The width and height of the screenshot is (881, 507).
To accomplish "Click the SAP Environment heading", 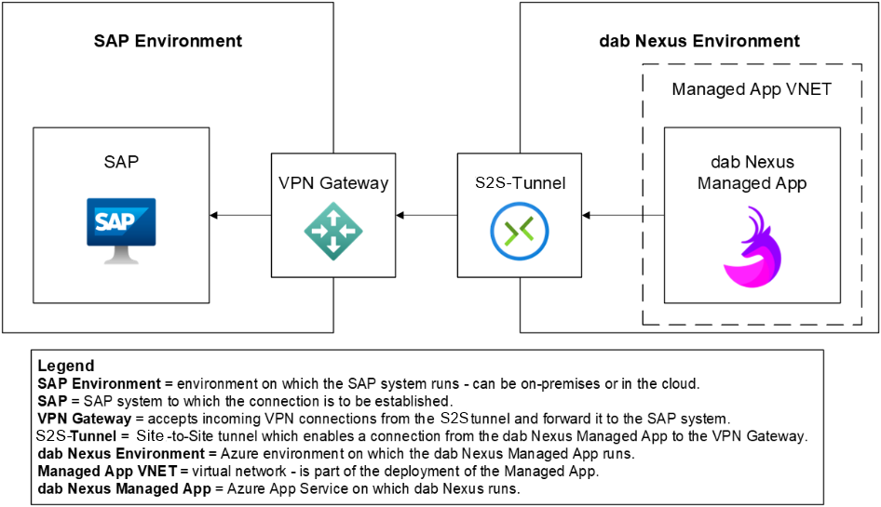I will pyautogui.click(x=168, y=41).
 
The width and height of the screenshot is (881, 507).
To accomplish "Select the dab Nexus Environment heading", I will pyautogui.click(x=698, y=41).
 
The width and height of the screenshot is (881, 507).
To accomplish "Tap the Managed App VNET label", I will pyautogui.click(x=752, y=89).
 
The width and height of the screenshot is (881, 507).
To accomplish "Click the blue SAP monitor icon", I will pyautogui.click(x=121, y=228).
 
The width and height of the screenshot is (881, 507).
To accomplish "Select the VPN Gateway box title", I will pyautogui.click(x=332, y=183).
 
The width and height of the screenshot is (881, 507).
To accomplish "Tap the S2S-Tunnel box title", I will pyautogui.click(x=520, y=183).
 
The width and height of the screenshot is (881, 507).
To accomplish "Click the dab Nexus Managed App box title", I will pyautogui.click(x=752, y=173).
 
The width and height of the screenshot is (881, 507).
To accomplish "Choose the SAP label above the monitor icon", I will pyautogui.click(x=121, y=162).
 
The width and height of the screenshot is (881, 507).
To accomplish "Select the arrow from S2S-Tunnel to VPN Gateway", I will pyautogui.click(x=427, y=216).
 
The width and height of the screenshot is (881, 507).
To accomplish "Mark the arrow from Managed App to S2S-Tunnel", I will pyautogui.click(x=622, y=216).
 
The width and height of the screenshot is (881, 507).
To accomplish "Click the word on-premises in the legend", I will pyautogui.click(x=556, y=383).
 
